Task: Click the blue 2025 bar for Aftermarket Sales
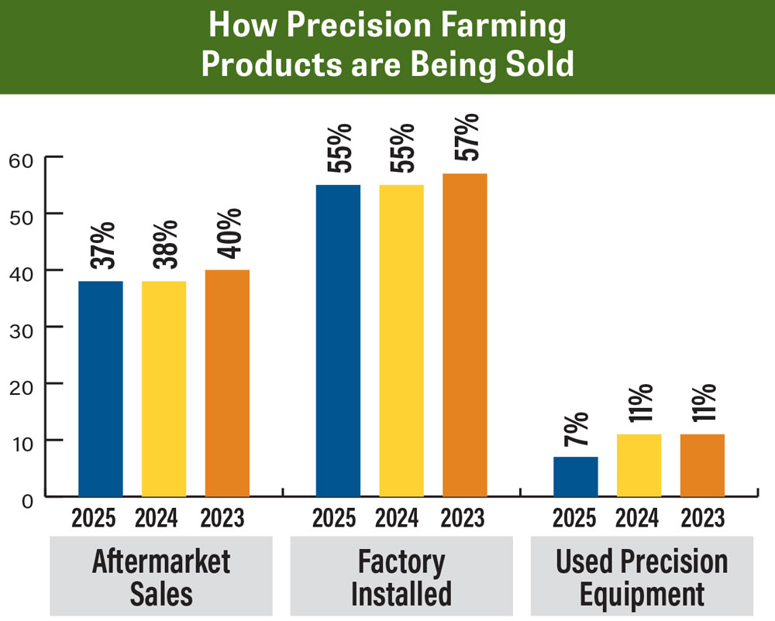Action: click(100, 388)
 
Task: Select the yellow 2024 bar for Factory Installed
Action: click(401, 341)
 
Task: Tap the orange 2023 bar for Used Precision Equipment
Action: click(701, 465)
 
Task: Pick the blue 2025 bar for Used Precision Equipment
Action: click(575, 476)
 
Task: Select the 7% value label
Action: click(577, 430)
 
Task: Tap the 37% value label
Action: click(102, 245)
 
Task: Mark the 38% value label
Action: click(166, 245)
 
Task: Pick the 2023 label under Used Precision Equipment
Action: click(701, 517)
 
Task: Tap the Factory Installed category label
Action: click(401, 577)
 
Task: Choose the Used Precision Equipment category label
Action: click(641, 577)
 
